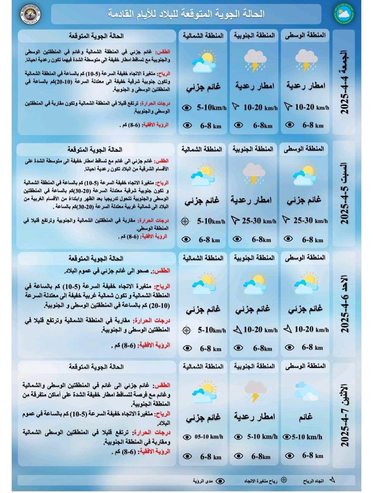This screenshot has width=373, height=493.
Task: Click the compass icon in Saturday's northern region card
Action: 185,221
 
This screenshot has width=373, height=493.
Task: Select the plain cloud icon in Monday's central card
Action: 306,391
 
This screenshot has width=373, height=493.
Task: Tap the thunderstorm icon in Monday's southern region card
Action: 255,391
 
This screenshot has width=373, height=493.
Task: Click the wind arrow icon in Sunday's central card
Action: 287,329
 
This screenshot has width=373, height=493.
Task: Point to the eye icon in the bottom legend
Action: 220,481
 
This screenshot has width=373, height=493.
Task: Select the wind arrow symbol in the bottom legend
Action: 332,480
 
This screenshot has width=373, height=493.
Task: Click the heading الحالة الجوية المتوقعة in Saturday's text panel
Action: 95,150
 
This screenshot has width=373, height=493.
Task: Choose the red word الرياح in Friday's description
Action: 164,74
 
